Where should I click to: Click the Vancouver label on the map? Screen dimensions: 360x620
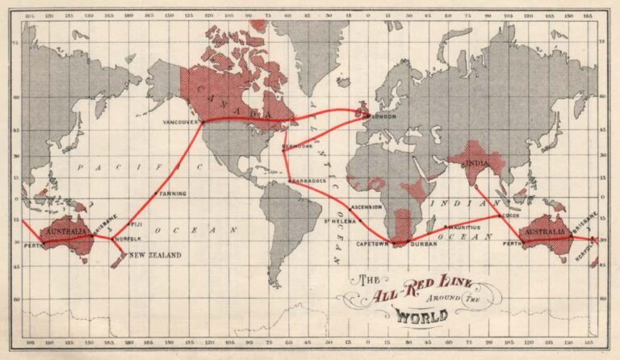[180, 122]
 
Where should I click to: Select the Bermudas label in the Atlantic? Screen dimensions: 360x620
[298, 147]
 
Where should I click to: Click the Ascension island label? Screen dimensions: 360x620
[367, 207]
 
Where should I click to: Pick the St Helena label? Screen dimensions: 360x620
[339, 220]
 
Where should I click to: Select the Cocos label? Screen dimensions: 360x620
[509, 216]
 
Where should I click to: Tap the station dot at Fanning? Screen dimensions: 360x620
[156, 194]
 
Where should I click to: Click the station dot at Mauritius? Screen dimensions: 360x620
[446, 228]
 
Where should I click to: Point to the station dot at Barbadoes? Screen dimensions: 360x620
[290, 181]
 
